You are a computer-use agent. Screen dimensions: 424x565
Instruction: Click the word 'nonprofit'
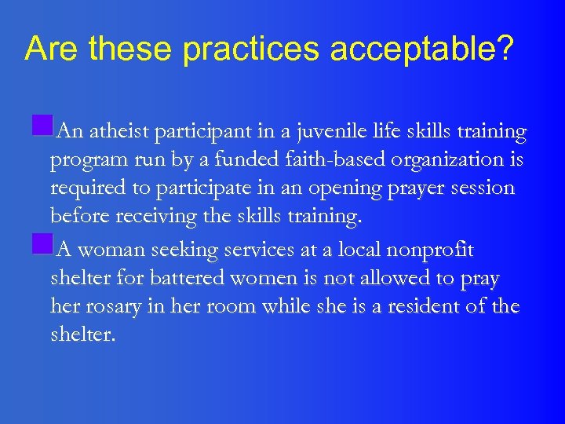pos(440,250)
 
